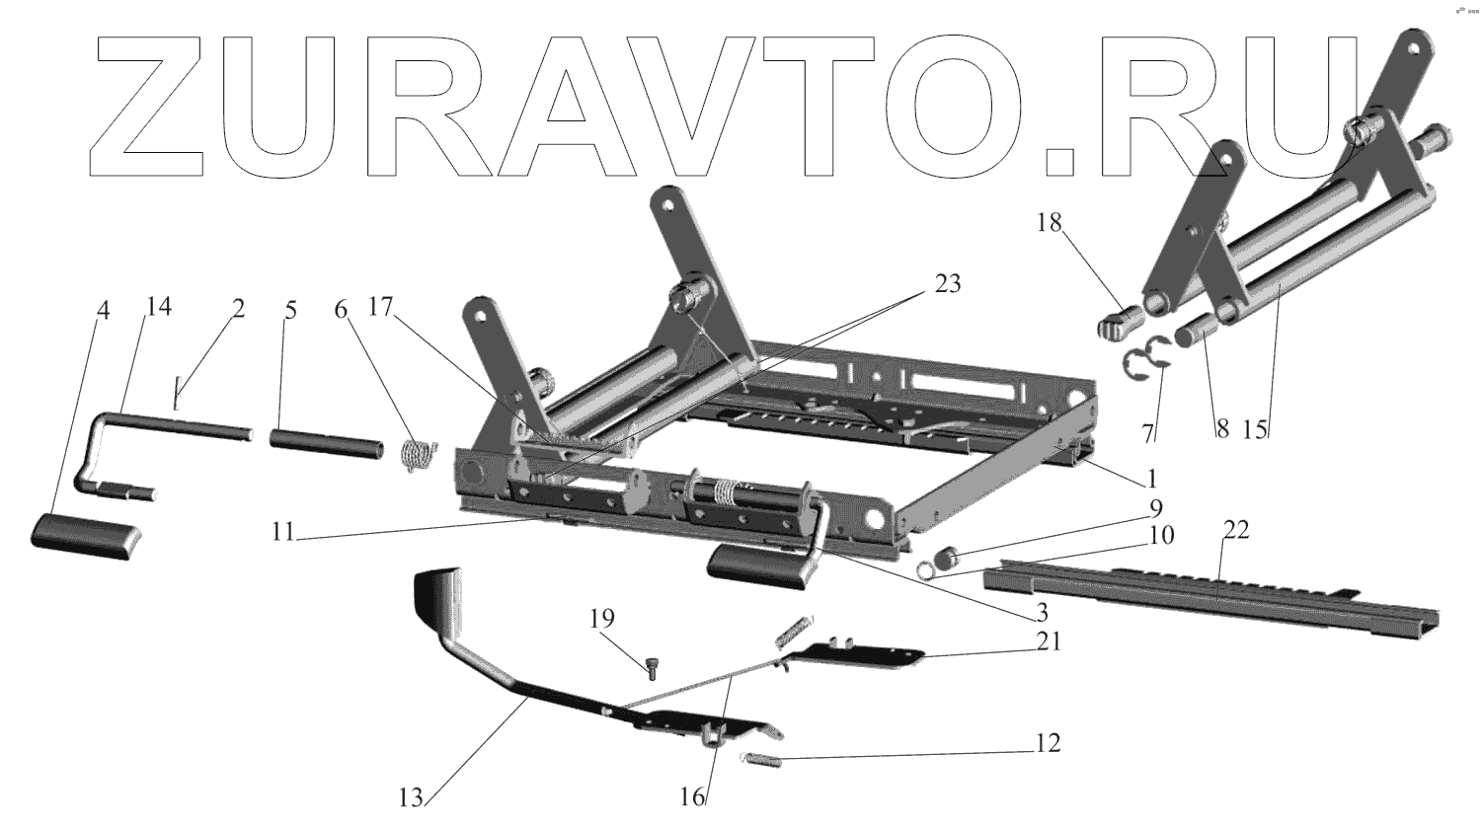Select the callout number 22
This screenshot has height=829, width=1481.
(1235, 530)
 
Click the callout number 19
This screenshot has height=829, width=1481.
(601, 620)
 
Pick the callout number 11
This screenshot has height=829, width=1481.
(283, 532)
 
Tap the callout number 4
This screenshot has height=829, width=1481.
(103, 309)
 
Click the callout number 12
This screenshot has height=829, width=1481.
(1048, 742)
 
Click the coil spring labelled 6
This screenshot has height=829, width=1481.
(420, 456)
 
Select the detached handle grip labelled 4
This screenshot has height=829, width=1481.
(87, 535)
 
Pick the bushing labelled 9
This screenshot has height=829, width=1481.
(946, 560)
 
